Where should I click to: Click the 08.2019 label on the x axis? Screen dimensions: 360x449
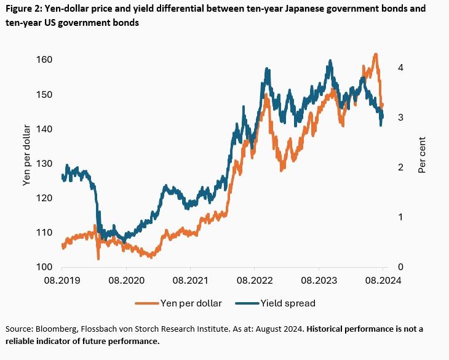coord(62,281)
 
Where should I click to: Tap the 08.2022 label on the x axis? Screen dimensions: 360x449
coord(254,281)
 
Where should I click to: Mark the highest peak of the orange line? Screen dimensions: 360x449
coord(375,55)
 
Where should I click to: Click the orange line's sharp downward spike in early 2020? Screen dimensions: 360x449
coord(98,258)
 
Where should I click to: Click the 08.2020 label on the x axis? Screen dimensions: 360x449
coord(126,281)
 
